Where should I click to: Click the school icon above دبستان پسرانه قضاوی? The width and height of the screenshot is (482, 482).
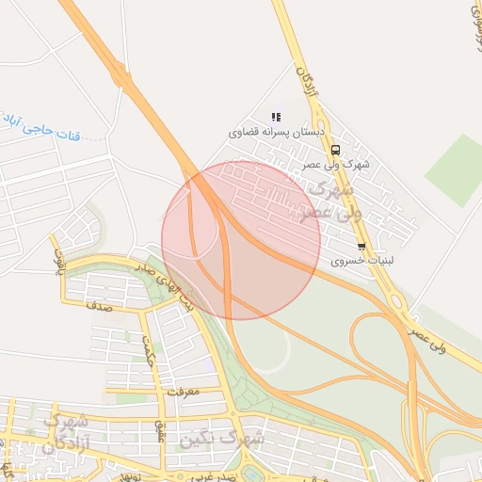(276, 117)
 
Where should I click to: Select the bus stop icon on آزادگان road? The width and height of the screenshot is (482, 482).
(336, 149)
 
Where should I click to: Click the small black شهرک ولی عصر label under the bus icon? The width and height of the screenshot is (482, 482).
(336, 165)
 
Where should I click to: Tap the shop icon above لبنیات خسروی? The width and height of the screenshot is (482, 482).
(361, 247)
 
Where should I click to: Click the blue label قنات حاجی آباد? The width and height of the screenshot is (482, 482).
(38, 121)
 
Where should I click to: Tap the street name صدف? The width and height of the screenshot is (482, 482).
(98, 306)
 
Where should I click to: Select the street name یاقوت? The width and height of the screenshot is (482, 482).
(58, 257)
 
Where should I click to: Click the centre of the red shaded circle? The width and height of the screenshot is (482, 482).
(241, 240)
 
